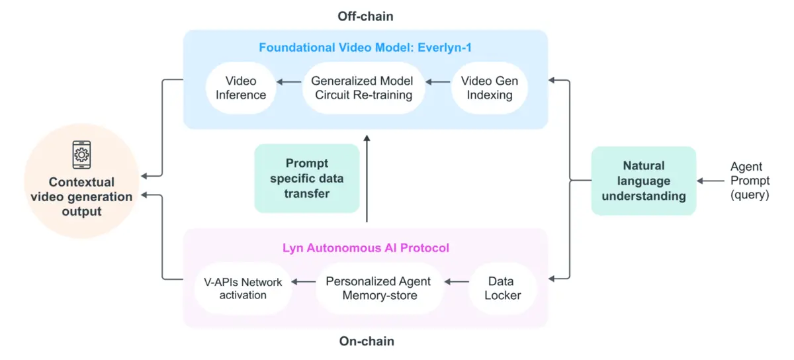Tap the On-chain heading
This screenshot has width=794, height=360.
tap(366, 341)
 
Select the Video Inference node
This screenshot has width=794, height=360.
tap(241, 88)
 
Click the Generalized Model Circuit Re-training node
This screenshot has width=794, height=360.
tap(363, 88)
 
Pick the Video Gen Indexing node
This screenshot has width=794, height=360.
tap(489, 88)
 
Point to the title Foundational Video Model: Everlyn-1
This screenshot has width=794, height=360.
tap(365, 48)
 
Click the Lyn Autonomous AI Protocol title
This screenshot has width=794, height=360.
tap(365, 248)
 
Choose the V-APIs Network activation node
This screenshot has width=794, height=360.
tap(243, 289)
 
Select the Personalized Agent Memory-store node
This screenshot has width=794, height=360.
tap(378, 289)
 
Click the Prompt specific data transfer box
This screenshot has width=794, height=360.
tap(307, 178)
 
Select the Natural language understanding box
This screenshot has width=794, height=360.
tap(643, 181)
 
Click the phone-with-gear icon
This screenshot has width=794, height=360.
tap(81, 155)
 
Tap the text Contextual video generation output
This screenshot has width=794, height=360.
tap(81, 197)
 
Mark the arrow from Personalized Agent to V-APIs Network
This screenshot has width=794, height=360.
tap(304, 282)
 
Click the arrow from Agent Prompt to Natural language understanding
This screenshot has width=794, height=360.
tap(712, 181)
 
